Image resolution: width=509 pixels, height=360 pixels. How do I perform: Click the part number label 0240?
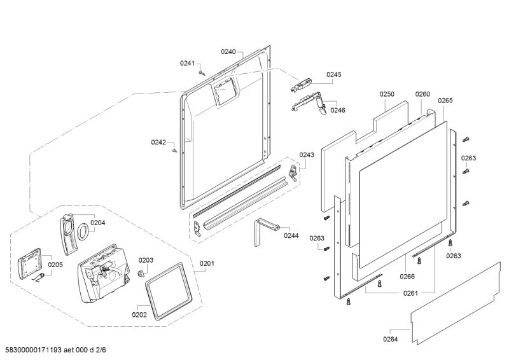click(228, 52)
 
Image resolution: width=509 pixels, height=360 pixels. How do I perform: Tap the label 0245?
click(334, 74)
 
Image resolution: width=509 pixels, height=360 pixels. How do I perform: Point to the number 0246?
click(338, 110)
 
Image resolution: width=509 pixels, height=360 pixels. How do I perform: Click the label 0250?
click(387, 94)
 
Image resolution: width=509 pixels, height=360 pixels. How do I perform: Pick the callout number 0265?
click(445, 100)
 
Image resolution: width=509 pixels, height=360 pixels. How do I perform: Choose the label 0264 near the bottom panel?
click(391, 339)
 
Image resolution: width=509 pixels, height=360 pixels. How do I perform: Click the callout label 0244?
click(291, 235)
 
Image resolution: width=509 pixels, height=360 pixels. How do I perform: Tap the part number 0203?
click(146, 260)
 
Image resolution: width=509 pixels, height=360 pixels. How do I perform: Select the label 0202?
click(139, 314)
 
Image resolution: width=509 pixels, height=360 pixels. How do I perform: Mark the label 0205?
click(55, 265)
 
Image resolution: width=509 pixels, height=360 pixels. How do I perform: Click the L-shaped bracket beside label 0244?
click(262, 230)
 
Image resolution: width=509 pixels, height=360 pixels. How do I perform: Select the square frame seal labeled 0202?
click(168, 289)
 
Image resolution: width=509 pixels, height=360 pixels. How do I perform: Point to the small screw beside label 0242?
click(175, 151)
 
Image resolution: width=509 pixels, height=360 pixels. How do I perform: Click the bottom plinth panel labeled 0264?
click(455, 306)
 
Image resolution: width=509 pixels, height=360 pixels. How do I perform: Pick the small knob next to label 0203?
click(137, 273)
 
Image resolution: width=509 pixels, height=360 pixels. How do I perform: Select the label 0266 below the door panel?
click(407, 276)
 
